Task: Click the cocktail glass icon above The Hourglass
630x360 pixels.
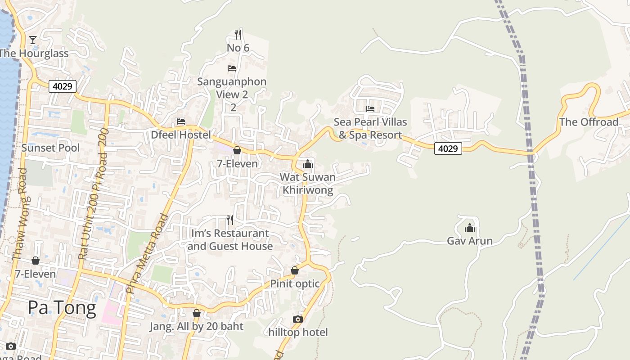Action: point(33,40)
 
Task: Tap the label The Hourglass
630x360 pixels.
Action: point(34,54)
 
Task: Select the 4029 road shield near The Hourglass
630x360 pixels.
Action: point(63,86)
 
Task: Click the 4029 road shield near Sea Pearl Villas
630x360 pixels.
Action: point(448,148)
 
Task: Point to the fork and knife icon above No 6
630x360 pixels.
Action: point(238,34)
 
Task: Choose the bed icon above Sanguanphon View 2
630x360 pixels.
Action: point(232,68)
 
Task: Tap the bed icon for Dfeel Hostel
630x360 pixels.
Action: point(181,121)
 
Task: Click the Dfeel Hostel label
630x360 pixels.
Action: point(181,135)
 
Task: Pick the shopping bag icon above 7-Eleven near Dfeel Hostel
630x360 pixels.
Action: point(237,150)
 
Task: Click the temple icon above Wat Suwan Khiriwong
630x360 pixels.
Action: point(308,164)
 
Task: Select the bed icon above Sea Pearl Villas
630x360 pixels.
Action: point(370,108)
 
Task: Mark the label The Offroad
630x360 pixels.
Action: point(589,122)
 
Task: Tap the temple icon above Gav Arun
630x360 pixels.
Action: point(470,228)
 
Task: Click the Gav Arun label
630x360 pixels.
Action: point(470,241)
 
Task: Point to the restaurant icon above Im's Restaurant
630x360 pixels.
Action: point(230,220)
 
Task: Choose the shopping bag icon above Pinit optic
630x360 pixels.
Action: point(295,270)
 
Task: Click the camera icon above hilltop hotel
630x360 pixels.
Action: point(298,319)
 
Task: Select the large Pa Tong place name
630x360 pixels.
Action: point(62,308)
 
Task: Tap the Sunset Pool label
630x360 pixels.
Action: point(50,148)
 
